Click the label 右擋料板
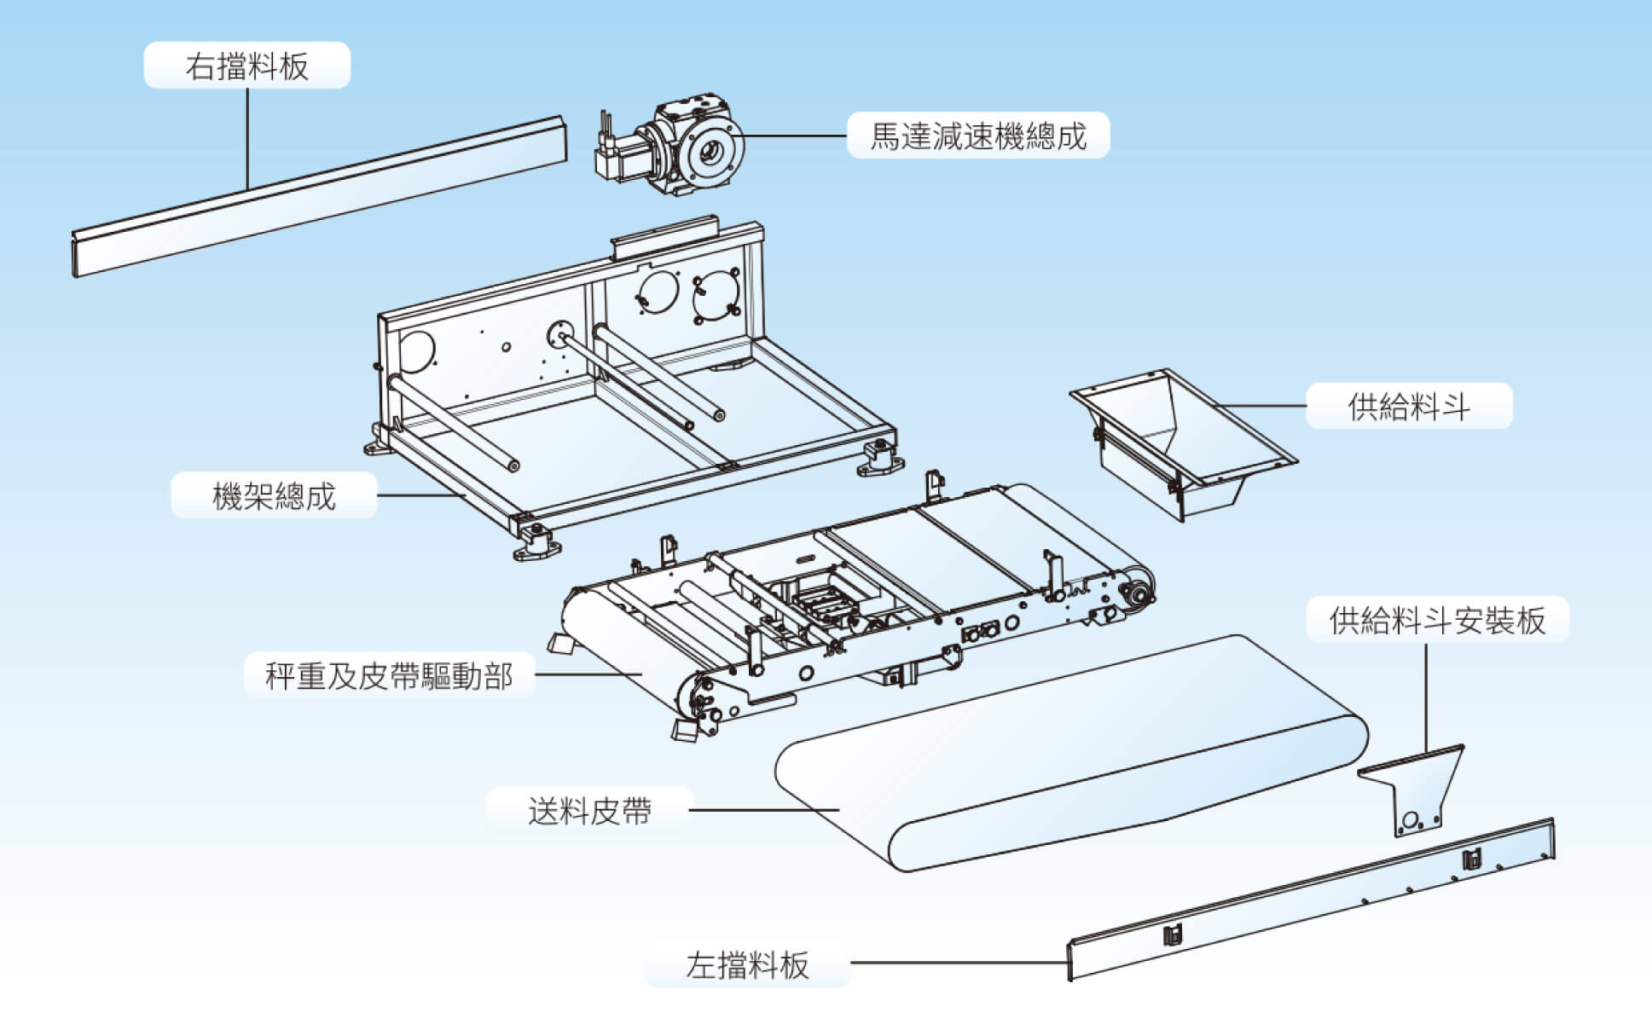point(246,66)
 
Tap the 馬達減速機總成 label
point(978,136)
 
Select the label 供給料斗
point(1409,406)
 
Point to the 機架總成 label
point(274,495)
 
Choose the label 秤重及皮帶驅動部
point(389,675)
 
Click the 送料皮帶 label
point(589,810)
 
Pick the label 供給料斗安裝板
point(1437,620)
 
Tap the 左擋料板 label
point(747,964)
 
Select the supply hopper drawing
point(1181,443)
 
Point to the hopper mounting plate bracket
point(1411,789)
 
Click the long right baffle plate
point(319,196)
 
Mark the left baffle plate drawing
point(1311,900)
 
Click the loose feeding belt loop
point(1072,754)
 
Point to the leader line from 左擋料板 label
point(959,963)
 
